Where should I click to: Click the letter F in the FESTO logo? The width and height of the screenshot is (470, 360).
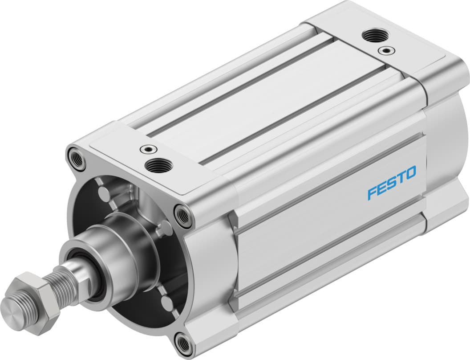(373, 194)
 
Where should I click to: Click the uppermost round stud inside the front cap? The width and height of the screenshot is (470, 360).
(104, 194)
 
